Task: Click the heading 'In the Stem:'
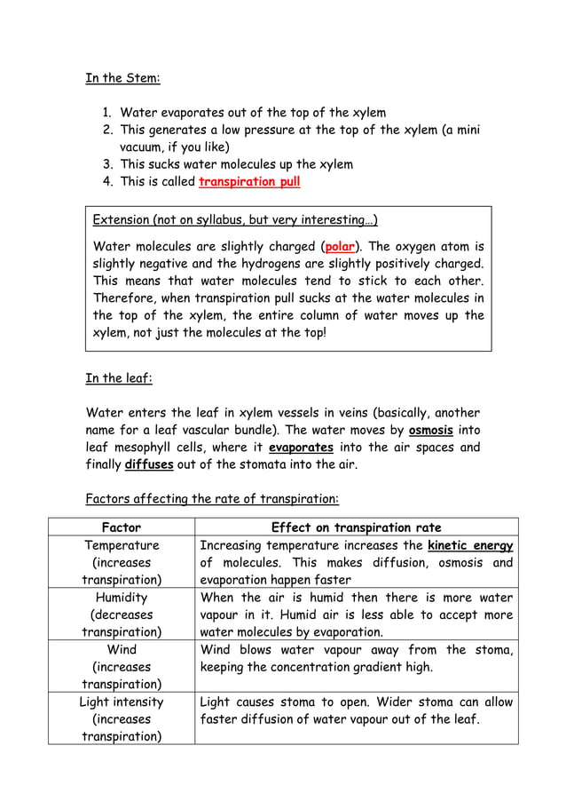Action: tap(122, 78)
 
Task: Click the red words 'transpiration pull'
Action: tap(249, 183)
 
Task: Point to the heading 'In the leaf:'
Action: tap(119, 378)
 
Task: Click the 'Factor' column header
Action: tap(122, 527)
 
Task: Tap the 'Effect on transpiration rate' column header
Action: tap(356, 527)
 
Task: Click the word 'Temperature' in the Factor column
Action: tap(122, 545)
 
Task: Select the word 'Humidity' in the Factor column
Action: tap(122, 598)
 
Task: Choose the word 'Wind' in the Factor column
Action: tap(122, 650)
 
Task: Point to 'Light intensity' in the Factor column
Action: tap(122, 702)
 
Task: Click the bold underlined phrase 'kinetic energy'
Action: tap(470, 545)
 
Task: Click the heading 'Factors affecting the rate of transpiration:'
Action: tap(211, 497)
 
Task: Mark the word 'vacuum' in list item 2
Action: tap(143, 147)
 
